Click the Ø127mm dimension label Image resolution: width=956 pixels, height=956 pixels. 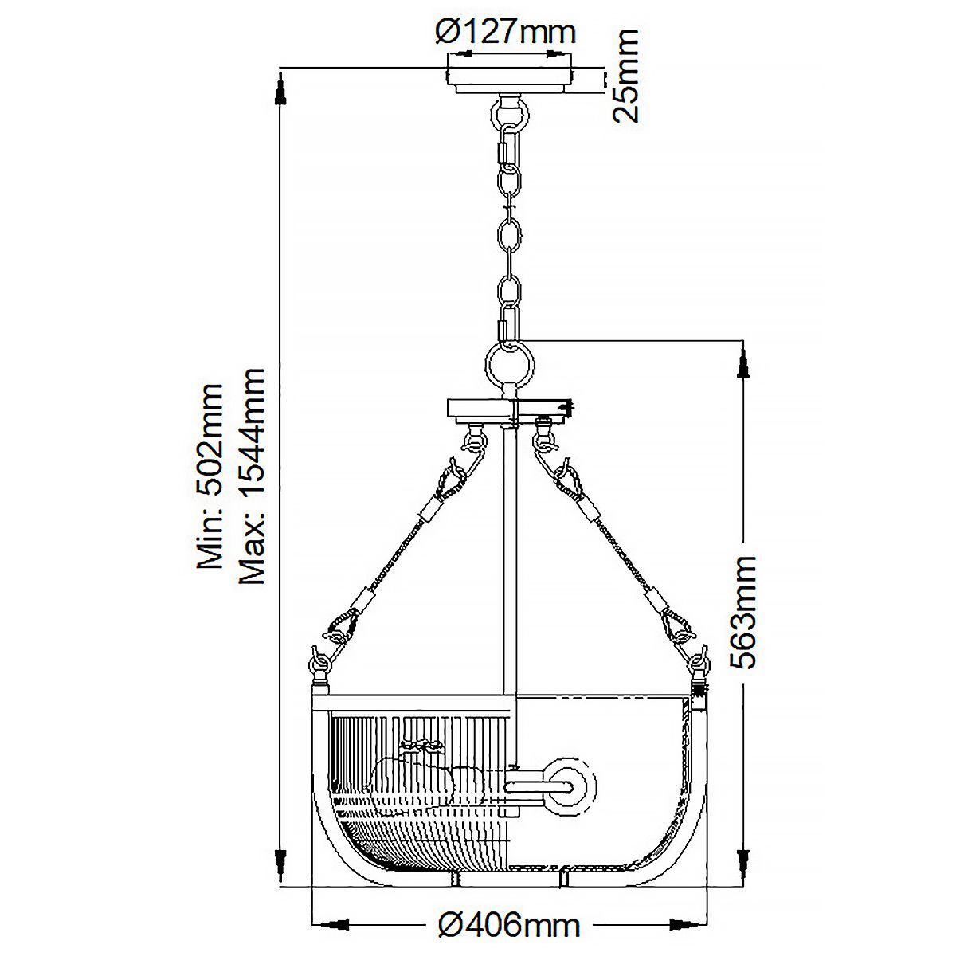click(505, 32)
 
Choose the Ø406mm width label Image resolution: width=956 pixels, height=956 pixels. click(510, 925)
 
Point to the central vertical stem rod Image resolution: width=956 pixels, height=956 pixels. click(509, 558)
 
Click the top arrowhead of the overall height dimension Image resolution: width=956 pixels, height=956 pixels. click(280, 88)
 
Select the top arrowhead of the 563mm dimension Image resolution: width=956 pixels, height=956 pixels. click(745, 362)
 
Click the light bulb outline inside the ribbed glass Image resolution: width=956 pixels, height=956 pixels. click(418, 777)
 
